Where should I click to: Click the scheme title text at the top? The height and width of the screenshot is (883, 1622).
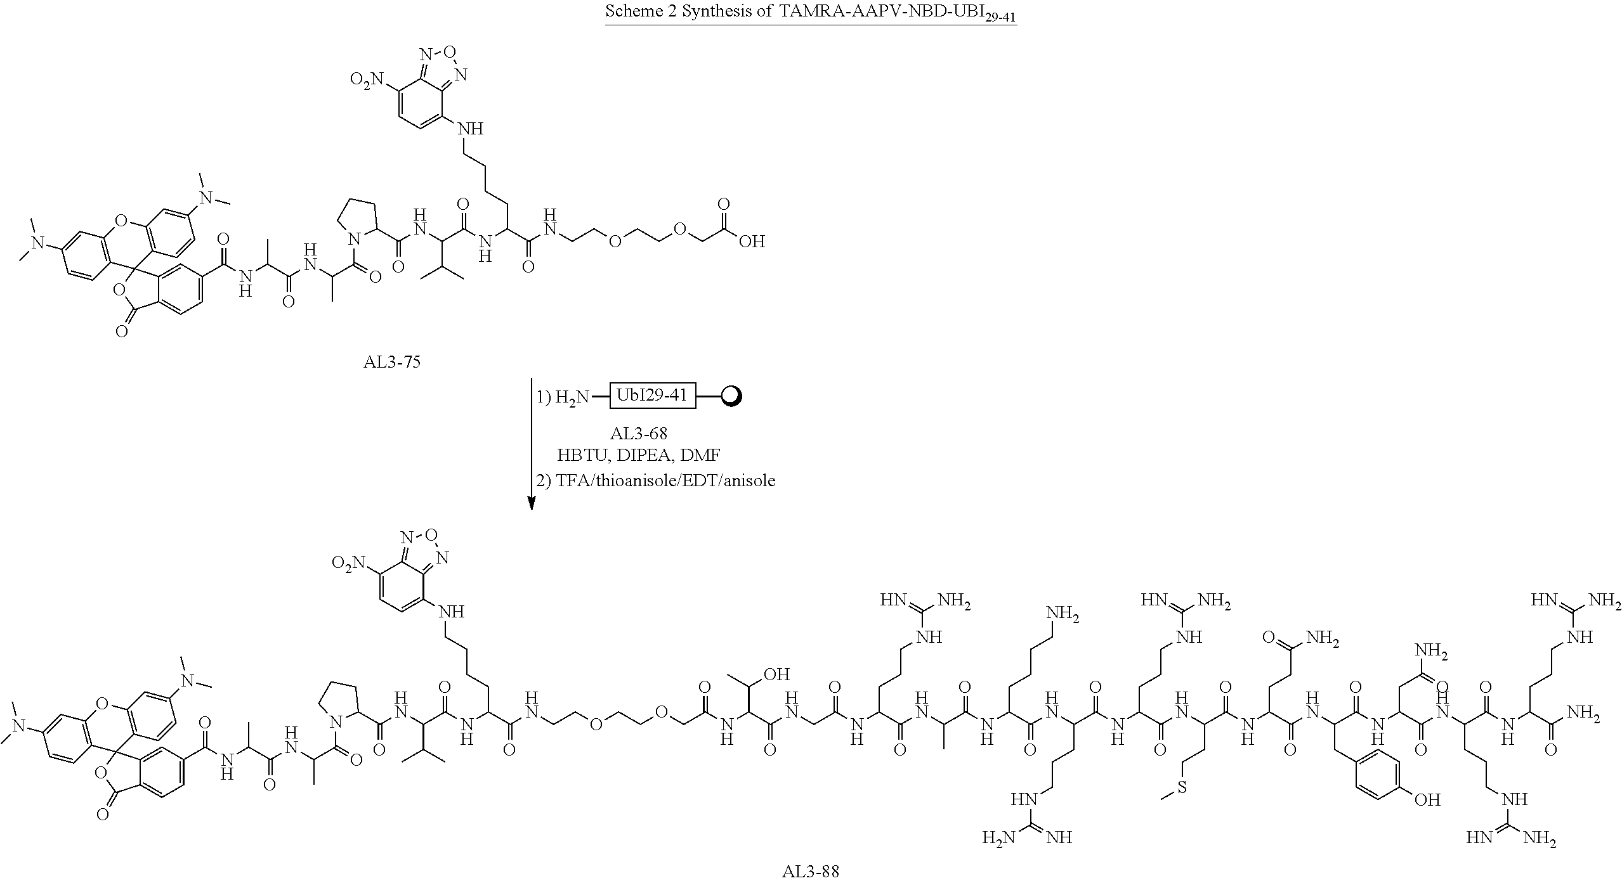811,12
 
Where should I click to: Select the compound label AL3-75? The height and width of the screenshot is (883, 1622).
391,363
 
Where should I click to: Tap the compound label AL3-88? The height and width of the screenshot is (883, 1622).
810,872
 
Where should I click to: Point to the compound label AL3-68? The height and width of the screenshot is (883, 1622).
639,434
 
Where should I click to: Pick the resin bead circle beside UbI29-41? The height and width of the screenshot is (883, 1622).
731,397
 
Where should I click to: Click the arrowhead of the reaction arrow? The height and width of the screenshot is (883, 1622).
532,502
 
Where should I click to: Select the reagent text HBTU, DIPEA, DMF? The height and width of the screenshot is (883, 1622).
639,455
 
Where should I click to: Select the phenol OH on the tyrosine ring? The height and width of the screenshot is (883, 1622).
1427,800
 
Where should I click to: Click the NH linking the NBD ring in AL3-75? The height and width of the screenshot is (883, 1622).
470,129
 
